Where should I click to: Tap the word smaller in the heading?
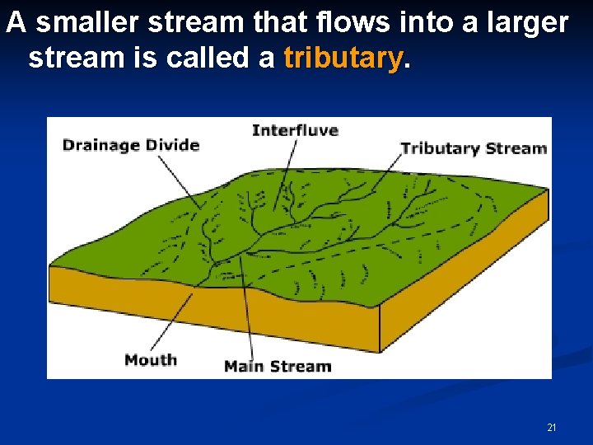tap(88, 23)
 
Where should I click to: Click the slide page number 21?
tap(551, 428)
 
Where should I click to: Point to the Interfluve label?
tap(295, 130)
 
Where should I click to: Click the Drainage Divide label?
tap(131, 145)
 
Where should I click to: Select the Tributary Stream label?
tap(474, 148)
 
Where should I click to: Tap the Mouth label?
tap(151, 359)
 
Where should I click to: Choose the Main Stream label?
tap(278, 366)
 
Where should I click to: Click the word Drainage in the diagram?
tap(98, 145)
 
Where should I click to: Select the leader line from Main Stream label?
tap(246, 305)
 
